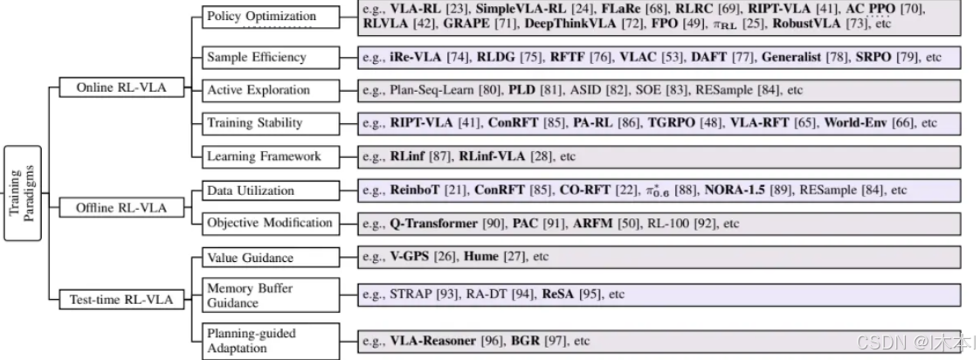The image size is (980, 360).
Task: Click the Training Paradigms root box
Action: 23,191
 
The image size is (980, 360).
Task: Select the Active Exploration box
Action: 258,90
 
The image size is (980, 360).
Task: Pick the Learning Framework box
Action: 263,157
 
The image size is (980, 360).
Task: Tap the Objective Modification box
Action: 269,223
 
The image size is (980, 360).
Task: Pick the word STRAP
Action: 411,294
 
